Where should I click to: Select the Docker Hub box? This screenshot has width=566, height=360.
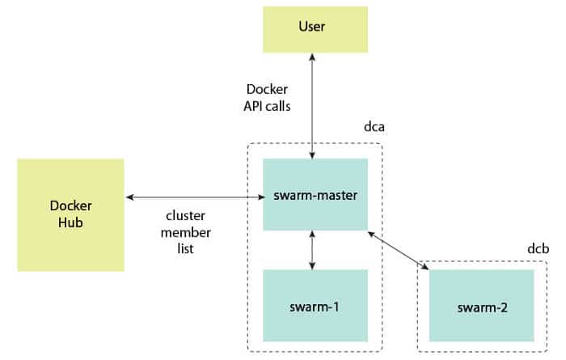pyautogui.click(x=70, y=214)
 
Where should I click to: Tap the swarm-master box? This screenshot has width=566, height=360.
pyautogui.click(x=315, y=195)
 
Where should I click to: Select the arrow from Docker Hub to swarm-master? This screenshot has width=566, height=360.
pyautogui.click(x=194, y=196)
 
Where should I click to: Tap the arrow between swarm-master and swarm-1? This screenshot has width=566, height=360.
pyautogui.click(x=312, y=250)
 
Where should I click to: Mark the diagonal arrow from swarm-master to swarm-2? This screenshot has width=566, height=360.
pyautogui.click(x=398, y=248)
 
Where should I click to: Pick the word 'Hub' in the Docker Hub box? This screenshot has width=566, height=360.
pyautogui.click(x=70, y=222)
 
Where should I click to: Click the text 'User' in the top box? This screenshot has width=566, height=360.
pyautogui.click(x=311, y=27)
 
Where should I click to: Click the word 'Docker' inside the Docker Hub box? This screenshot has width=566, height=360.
pyautogui.click(x=70, y=206)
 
